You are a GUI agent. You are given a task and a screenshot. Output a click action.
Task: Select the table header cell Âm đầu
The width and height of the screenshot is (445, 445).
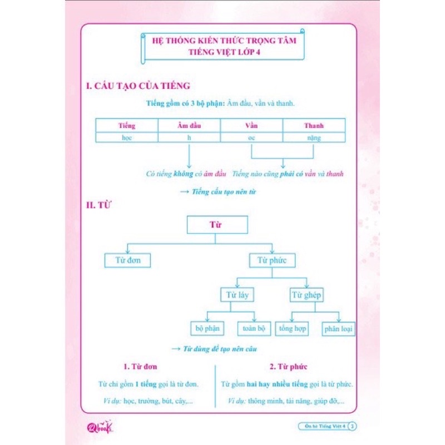coord(190,125)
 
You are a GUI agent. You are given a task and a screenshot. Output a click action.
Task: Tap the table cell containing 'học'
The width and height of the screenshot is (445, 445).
coord(127,138)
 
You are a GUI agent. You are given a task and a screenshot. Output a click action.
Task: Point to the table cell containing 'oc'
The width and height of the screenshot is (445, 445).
coord(251,138)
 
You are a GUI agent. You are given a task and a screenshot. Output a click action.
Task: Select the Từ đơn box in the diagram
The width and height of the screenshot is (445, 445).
coord(127,260)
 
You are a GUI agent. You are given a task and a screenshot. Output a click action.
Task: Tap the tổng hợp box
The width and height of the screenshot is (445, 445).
coord(293,329)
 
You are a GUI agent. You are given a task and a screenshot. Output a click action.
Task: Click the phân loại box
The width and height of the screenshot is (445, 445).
coord(339,329)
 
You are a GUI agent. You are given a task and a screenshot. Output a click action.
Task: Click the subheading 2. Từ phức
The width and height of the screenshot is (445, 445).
coord(289,367)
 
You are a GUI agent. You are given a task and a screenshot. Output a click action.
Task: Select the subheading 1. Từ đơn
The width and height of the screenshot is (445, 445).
coord(141,367)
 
